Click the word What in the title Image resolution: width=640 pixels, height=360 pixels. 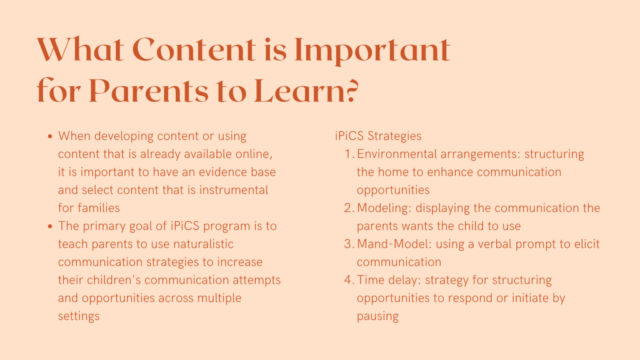80,49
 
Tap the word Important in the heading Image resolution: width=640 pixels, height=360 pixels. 372,51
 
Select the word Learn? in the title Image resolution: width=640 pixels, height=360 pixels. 306,90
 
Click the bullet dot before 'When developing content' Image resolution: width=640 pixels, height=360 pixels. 50,136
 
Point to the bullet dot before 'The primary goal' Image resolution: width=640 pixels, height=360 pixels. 50,226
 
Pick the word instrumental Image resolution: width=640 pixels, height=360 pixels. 234,190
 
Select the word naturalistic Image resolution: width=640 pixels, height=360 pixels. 203,244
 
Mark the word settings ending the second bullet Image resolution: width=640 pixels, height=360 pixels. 79,316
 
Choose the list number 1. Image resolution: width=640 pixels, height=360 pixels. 349,154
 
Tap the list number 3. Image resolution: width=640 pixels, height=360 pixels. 349,244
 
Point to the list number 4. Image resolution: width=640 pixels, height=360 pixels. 349,279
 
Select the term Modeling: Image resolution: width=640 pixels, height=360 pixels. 384,208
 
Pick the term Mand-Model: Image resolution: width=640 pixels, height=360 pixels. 394,244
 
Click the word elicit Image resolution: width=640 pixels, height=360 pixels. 587,244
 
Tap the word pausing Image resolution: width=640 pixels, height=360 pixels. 377,316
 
